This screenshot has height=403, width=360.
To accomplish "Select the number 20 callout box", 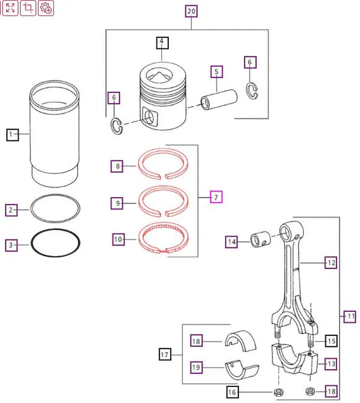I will (x=191, y=11).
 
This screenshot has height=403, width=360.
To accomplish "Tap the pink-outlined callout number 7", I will (x=215, y=197).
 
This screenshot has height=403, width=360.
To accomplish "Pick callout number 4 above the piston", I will (x=161, y=43).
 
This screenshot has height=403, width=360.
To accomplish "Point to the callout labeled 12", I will (x=331, y=263).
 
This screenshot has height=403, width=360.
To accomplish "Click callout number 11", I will (x=351, y=316).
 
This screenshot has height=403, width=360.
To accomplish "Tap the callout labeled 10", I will (x=119, y=239).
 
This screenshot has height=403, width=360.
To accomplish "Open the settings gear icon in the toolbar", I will (x=46, y=8).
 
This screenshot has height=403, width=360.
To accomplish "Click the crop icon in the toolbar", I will (x=28, y=8).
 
